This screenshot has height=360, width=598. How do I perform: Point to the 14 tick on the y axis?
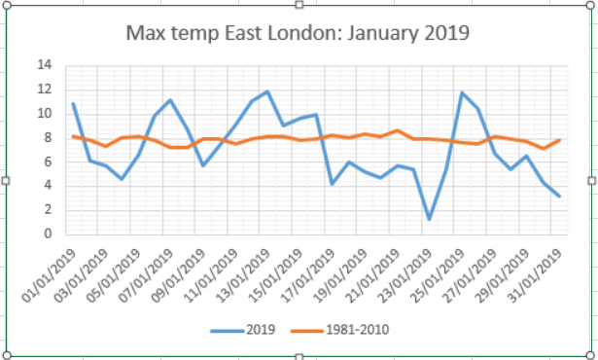(x=44, y=65)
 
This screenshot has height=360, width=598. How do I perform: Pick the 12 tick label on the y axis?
(x=44, y=90)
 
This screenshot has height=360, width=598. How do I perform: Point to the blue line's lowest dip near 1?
(x=429, y=219)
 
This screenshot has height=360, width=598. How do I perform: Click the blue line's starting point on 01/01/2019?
(x=73, y=103)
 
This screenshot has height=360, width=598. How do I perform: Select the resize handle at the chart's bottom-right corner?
(x=592, y=354)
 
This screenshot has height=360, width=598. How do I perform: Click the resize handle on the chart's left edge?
(x=6, y=180)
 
